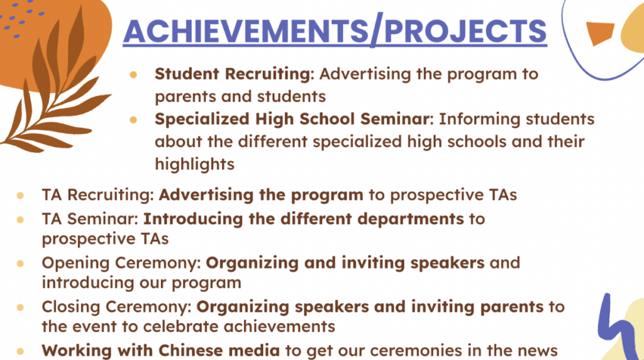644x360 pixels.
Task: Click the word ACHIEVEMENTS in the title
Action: [x=246, y=31]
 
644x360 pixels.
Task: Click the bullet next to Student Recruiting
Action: [x=133, y=75]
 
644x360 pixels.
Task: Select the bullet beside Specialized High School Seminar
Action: [x=133, y=120]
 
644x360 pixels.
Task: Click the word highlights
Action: [x=195, y=164]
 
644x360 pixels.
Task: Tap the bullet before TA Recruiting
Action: [x=20, y=196]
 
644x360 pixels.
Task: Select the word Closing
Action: [x=72, y=307]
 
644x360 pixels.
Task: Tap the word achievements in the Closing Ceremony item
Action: [x=279, y=327]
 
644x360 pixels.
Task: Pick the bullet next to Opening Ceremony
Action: [x=20, y=264]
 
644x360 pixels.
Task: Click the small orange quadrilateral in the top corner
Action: [x=599, y=33]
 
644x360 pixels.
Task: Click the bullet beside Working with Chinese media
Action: [x=20, y=351]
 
